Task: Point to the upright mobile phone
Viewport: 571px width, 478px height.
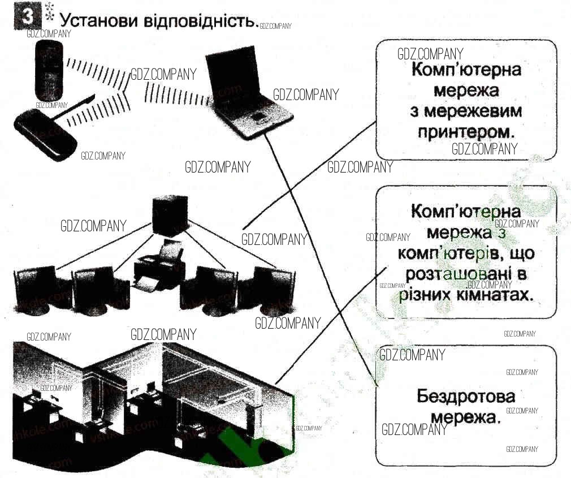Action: (x=47, y=71)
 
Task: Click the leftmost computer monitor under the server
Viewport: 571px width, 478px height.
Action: (x=36, y=288)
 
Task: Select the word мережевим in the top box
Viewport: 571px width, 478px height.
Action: (x=466, y=110)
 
